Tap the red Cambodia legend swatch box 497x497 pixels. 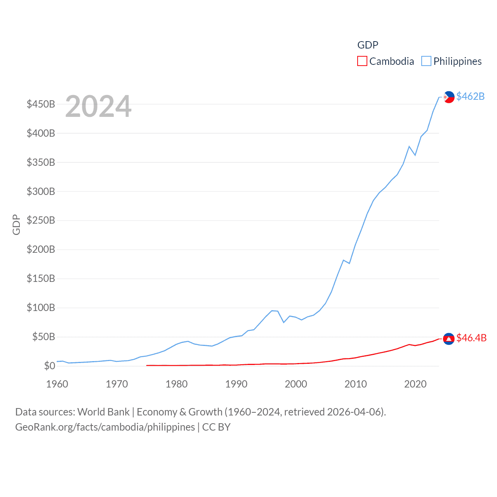pyautogui.click(x=362, y=61)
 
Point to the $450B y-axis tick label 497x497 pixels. pyautogui.click(x=41, y=104)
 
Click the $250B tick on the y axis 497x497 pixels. pyautogui.click(x=41, y=221)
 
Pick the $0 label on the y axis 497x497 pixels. pyautogui.click(x=49, y=366)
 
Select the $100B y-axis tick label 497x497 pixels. pyautogui.click(x=41, y=308)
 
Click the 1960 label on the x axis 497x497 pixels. pyautogui.click(x=57, y=384)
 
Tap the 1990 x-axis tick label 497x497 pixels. pyautogui.click(x=236, y=384)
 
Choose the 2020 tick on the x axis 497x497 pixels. pyautogui.click(x=415, y=384)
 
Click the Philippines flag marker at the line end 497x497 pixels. pyautogui.click(x=449, y=97)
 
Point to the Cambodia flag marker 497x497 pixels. pyautogui.click(x=449, y=339)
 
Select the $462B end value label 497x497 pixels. pyautogui.click(x=470, y=96)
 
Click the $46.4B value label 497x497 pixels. pyautogui.click(x=471, y=338)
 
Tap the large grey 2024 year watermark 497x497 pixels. pyautogui.click(x=98, y=106)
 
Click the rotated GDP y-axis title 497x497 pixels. pyautogui.click(x=16, y=224)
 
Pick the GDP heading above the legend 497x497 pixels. pyautogui.click(x=368, y=45)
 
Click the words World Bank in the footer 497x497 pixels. pyautogui.click(x=104, y=412)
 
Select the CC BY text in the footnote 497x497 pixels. pyautogui.click(x=216, y=427)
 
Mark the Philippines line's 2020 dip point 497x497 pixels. pyautogui.click(x=415, y=155)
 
